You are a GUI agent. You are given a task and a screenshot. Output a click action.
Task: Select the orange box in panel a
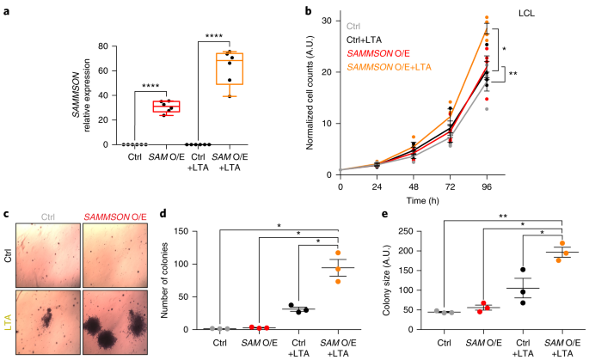pos(229,68)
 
